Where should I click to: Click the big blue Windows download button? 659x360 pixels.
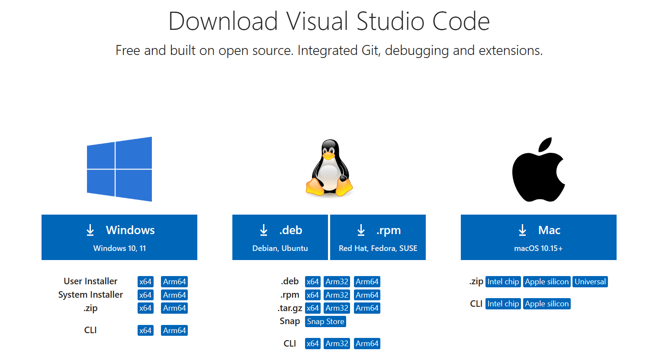pos(119,237)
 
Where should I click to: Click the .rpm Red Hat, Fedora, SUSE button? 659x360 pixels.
pos(378,237)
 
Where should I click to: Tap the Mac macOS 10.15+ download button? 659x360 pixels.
pos(538,237)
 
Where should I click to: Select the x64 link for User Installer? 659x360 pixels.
pos(145,282)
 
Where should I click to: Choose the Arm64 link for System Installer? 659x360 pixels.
pos(174,295)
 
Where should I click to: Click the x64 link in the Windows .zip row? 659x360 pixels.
pos(145,308)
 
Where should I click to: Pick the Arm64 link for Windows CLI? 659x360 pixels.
pos(174,331)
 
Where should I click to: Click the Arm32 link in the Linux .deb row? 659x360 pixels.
pos(337,282)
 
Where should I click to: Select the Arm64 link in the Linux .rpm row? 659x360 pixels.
pos(367,295)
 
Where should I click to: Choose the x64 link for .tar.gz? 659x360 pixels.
pos(312,308)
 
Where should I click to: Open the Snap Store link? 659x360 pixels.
pos(325,321)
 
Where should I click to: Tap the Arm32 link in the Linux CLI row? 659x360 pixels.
pos(337,344)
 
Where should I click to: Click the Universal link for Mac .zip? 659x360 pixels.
pos(590,282)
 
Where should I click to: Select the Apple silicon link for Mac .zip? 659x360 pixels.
pos(546,282)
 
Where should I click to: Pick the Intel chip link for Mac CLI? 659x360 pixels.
pos(503,304)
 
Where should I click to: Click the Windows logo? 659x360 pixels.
pos(119,169)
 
